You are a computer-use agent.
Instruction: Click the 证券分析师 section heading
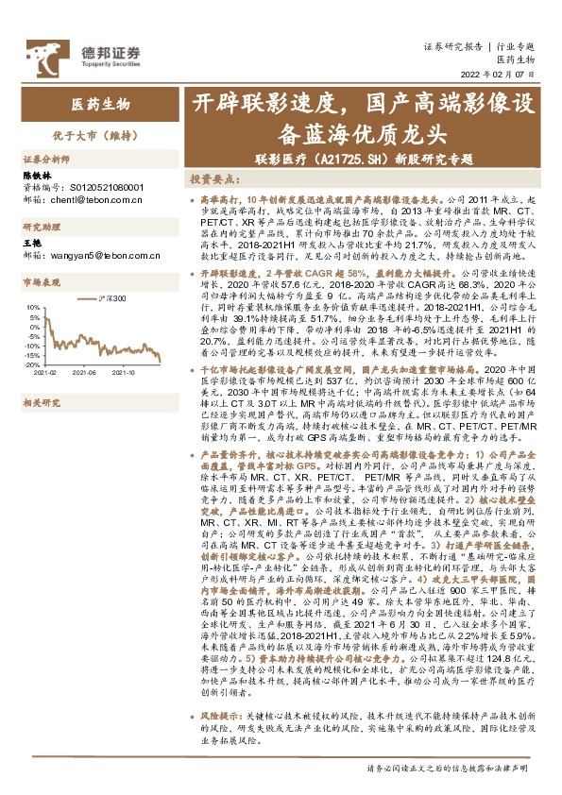point(46,160)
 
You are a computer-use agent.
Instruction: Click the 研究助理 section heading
point(41,228)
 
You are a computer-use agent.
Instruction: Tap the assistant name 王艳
point(30,243)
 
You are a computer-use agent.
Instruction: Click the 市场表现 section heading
point(41,282)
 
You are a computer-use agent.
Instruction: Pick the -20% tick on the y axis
point(31,364)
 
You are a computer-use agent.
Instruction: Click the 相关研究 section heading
point(41,402)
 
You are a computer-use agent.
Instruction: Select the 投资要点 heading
point(213,178)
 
